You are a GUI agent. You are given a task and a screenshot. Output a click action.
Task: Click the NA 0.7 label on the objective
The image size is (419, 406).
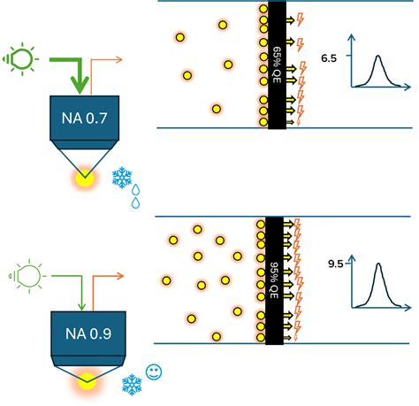(x=84, y=115)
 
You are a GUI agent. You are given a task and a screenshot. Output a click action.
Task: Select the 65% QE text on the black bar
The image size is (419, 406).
(x=277, y=64)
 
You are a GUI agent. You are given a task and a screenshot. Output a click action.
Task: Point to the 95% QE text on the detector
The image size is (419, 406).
(x=277, y=280)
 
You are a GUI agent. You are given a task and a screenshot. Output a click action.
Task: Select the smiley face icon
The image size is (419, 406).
(x=154, y=372)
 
